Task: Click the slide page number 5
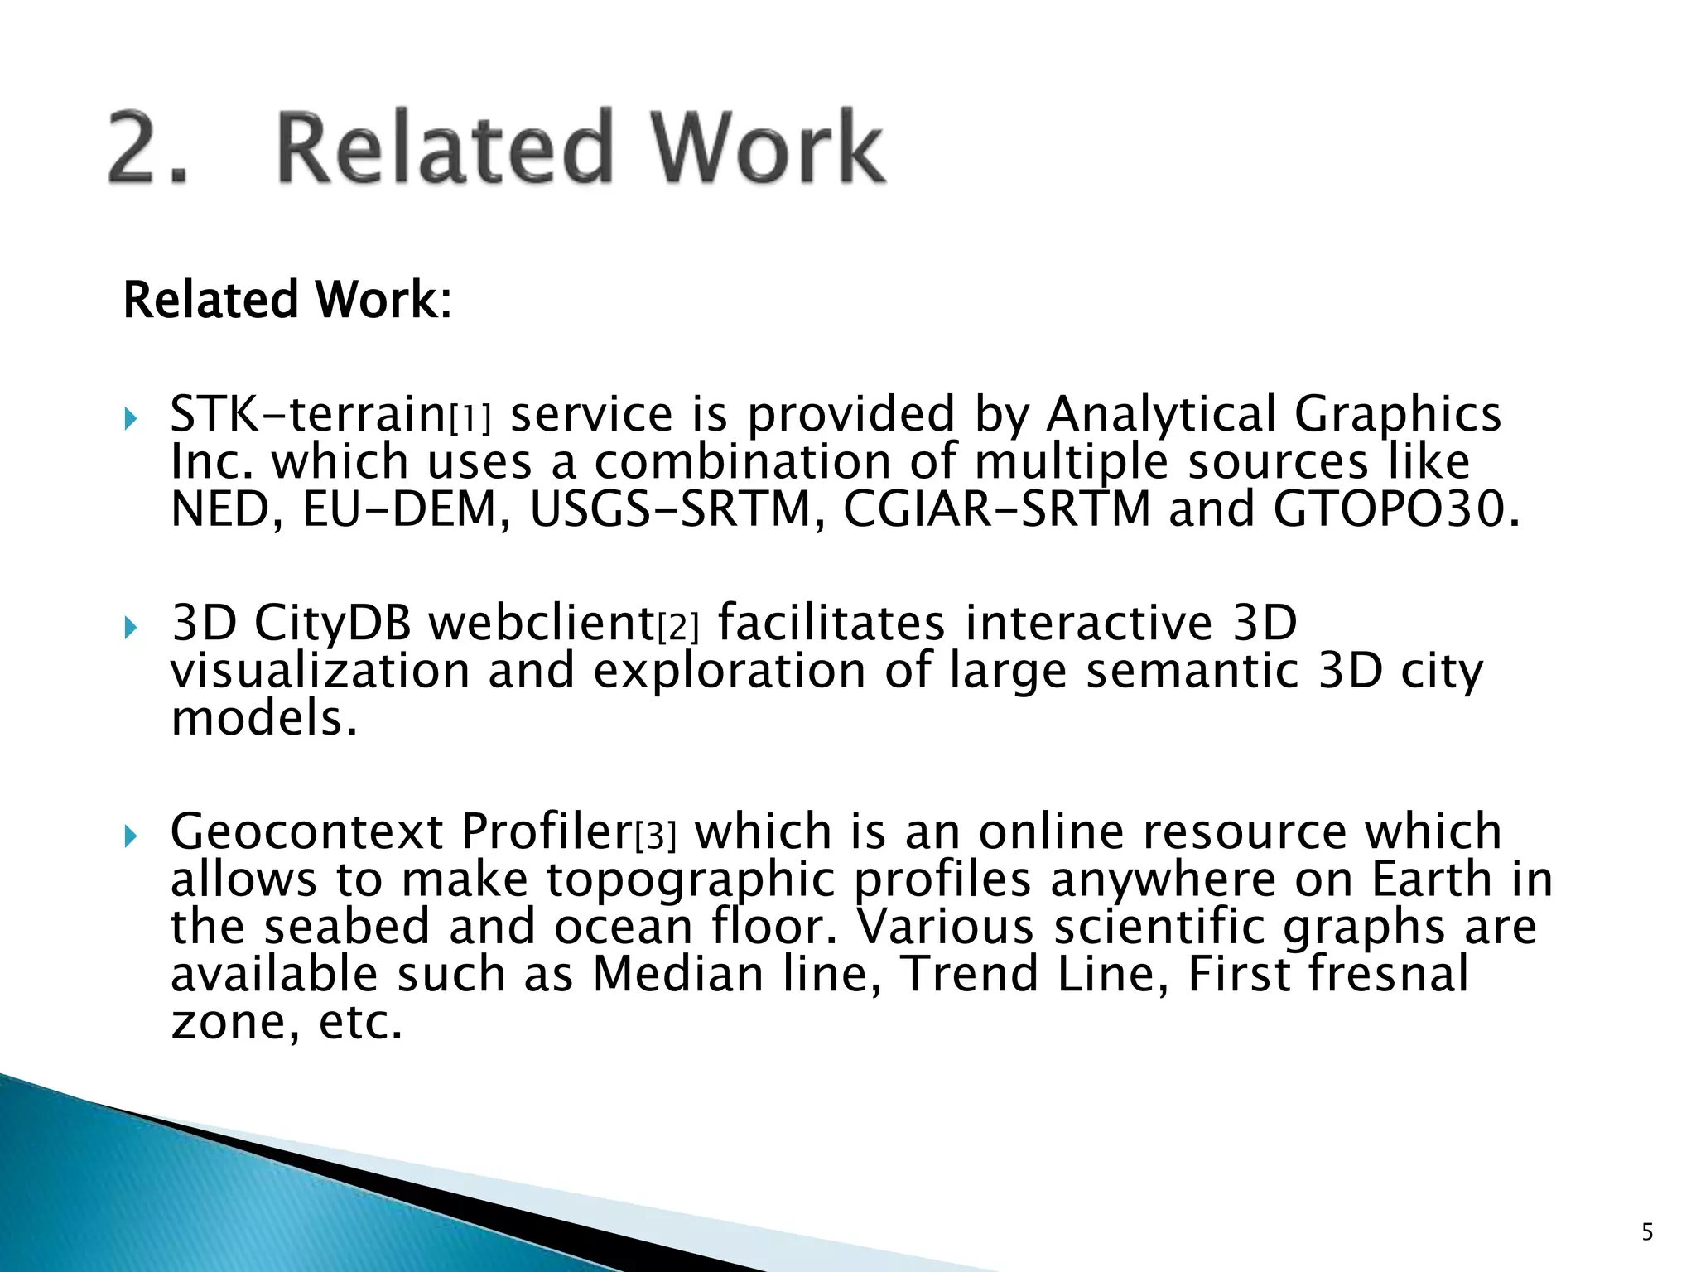coord(1647,1232)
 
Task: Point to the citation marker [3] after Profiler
coord(655,837)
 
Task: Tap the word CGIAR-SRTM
coord(996,509)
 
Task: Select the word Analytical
coord(1161,413)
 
